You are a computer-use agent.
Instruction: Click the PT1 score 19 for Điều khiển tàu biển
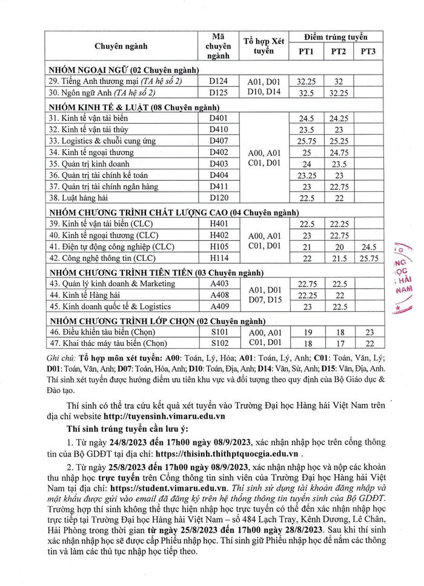[306, 331]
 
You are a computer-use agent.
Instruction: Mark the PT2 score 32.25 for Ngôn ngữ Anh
[338, 93]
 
